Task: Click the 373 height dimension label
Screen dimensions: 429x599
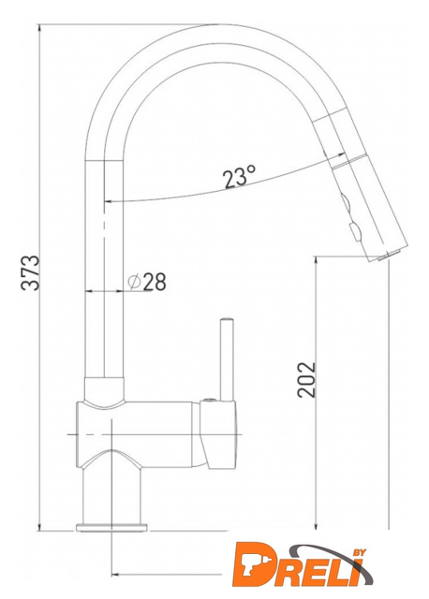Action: click(31, 272)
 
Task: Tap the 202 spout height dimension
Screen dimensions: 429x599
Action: click(306, 379)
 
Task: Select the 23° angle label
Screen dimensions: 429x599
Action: click(240, 177)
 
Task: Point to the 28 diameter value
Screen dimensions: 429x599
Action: click(155, 282)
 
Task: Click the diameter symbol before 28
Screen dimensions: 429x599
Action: click(134, 282)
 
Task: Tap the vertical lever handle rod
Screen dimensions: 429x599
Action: click(227, 360)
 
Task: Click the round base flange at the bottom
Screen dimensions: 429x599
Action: click(111, 528)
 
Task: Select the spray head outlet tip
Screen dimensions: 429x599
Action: click(389, 255)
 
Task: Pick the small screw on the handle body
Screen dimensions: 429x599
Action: click(210, 400)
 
